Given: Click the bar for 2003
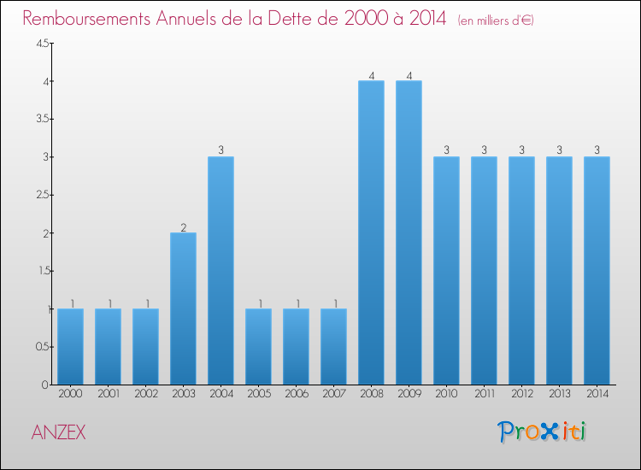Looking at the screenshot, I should pos(183,308).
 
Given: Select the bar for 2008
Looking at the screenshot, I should pos(371,232).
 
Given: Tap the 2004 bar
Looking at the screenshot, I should pos(221,270).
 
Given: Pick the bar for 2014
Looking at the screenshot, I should pos(597,270).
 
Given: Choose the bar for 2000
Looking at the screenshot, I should pos(70,346).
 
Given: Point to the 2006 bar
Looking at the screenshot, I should pos(296,346).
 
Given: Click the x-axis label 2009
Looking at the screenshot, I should pos(409,394).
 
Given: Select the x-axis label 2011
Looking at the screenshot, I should pos(484,394).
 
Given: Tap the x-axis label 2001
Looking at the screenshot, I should pos(108,394).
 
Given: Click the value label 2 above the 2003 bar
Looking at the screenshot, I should pos(183,227).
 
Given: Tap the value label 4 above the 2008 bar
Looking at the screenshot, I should pos(371,75).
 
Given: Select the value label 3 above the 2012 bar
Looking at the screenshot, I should pos(521,151).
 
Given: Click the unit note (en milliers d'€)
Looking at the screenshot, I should pos(496,21).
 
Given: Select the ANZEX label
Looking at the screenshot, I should pos(58,432).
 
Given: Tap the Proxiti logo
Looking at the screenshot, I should pos(542,432).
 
